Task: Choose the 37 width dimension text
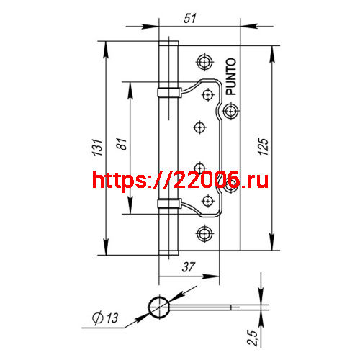point(189,268)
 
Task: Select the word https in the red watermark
point(118,181)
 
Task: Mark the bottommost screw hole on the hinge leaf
point(204,233)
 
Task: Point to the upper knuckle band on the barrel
point(168,91)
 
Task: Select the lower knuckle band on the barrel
point(168,202)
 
